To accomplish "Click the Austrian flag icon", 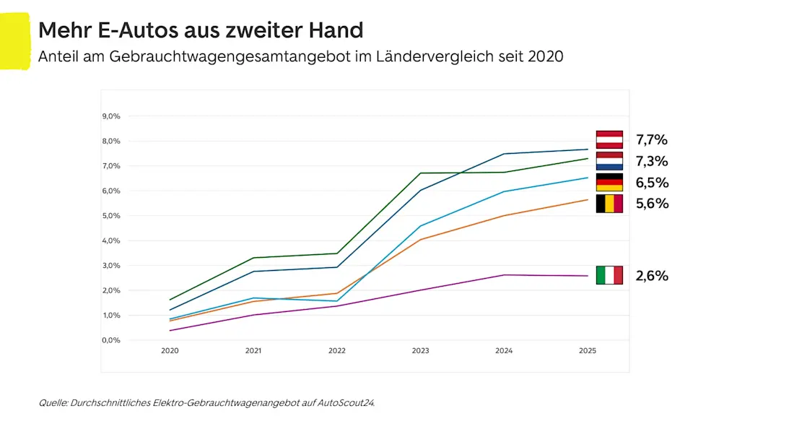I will [x=609, y=139].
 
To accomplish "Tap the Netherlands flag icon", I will [x=609, y=160].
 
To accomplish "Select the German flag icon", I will [x=609, y=182].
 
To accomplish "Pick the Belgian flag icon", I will [x=609, y=204].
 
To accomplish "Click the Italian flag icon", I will [x=609, y=275].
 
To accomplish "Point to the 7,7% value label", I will [x=652, y=139].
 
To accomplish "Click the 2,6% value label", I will [x=652, y=275].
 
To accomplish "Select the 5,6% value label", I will [x=652, y=204].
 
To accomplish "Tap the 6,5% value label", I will [x=652, y=182].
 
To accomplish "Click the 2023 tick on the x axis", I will [x=420, y=351].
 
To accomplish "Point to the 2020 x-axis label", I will [x=170, y=351].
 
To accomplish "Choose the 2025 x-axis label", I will [x=588, y=351].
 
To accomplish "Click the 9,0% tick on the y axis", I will [x=111, y=116].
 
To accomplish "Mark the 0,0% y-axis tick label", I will [x=111, y=340].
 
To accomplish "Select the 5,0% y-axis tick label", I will [x=111, y=216].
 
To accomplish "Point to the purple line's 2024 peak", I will [x=504, y=275].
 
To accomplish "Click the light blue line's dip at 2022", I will [x=337, y=301].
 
